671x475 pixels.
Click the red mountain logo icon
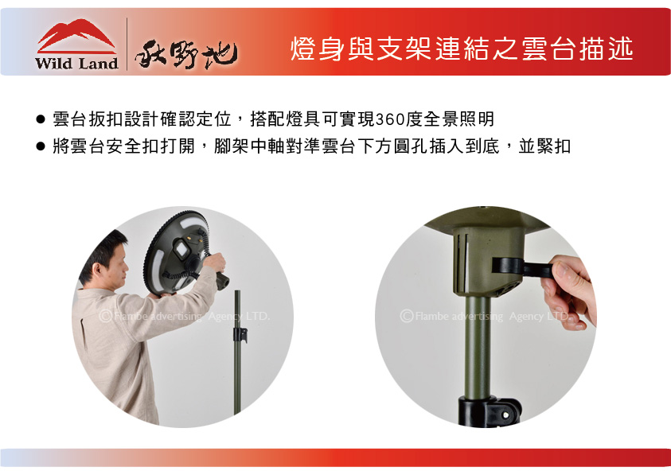[x=76, y=35]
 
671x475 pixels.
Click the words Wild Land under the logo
[x=76, y=64]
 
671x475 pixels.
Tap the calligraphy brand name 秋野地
[x=186, y=54]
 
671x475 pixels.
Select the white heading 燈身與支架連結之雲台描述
[x=462, y=49]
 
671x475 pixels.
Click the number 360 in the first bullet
[x=389, y=119]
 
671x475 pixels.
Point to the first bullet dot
[x=41, y=119]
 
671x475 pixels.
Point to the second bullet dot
[x=41, y=146]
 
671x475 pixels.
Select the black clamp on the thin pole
[x=240, y=335]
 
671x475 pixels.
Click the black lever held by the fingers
[x=523, y=267]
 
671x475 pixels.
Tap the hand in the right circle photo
[x=568, y=292]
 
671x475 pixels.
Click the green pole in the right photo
[x=478, y=348]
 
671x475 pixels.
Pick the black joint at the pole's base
[x=490, y=411]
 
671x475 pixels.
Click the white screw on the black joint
[x=506, y=415]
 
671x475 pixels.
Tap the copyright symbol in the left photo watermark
[x=105, y=316]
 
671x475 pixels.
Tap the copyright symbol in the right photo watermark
[x=407, y=316]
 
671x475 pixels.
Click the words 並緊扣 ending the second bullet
[x=544, y=146]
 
